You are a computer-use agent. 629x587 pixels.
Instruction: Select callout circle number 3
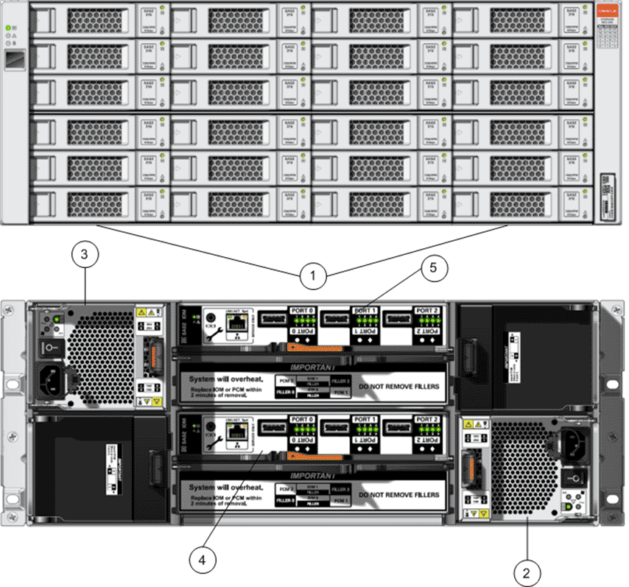[85, 256]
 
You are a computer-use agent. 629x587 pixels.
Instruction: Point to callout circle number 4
[201, 559]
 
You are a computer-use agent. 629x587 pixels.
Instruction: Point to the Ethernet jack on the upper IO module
[235, 324]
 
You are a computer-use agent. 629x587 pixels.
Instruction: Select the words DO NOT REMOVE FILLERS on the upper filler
[398, 386]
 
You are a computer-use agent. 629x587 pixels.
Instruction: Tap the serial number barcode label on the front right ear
[606, 194]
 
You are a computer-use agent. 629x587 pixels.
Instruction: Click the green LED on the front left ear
[9, 27]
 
